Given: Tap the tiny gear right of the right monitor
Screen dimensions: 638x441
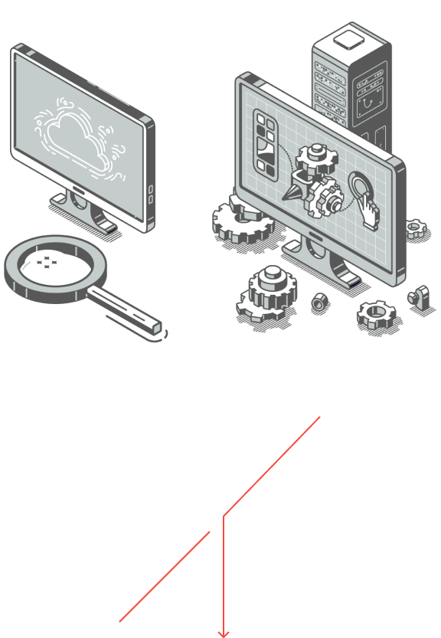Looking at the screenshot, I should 415,227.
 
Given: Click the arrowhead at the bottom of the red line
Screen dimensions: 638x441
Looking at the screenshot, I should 223,633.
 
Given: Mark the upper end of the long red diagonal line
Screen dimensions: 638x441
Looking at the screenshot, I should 318,418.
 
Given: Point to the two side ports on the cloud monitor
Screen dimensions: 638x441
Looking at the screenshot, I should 151,194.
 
